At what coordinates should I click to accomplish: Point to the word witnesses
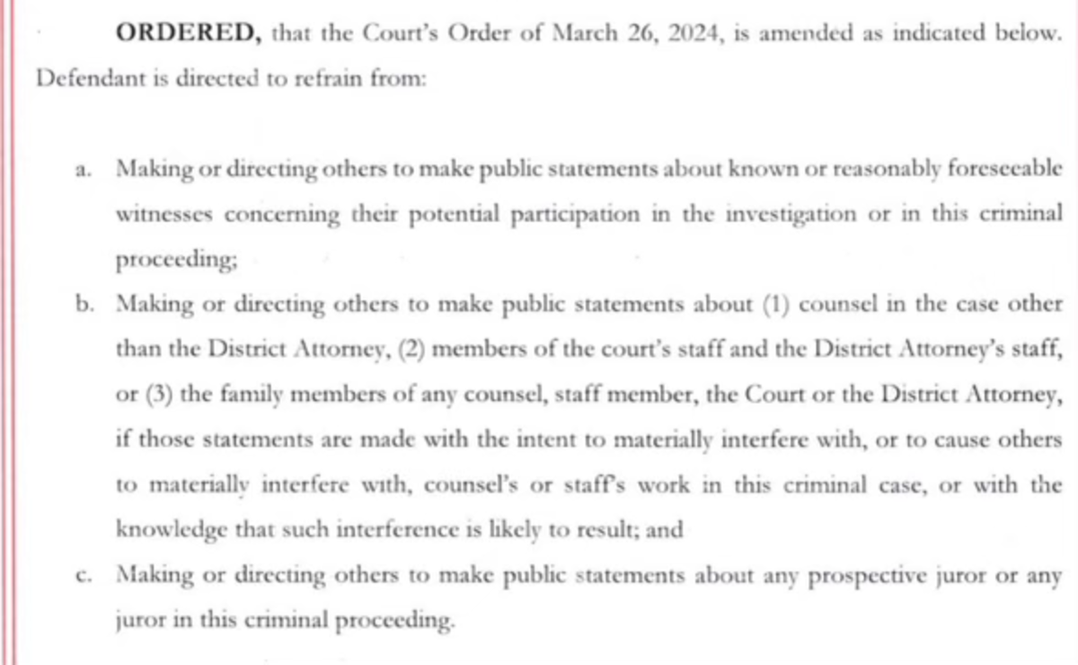tap(163, 215)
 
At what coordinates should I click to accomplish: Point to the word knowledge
tap(171, 530)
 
